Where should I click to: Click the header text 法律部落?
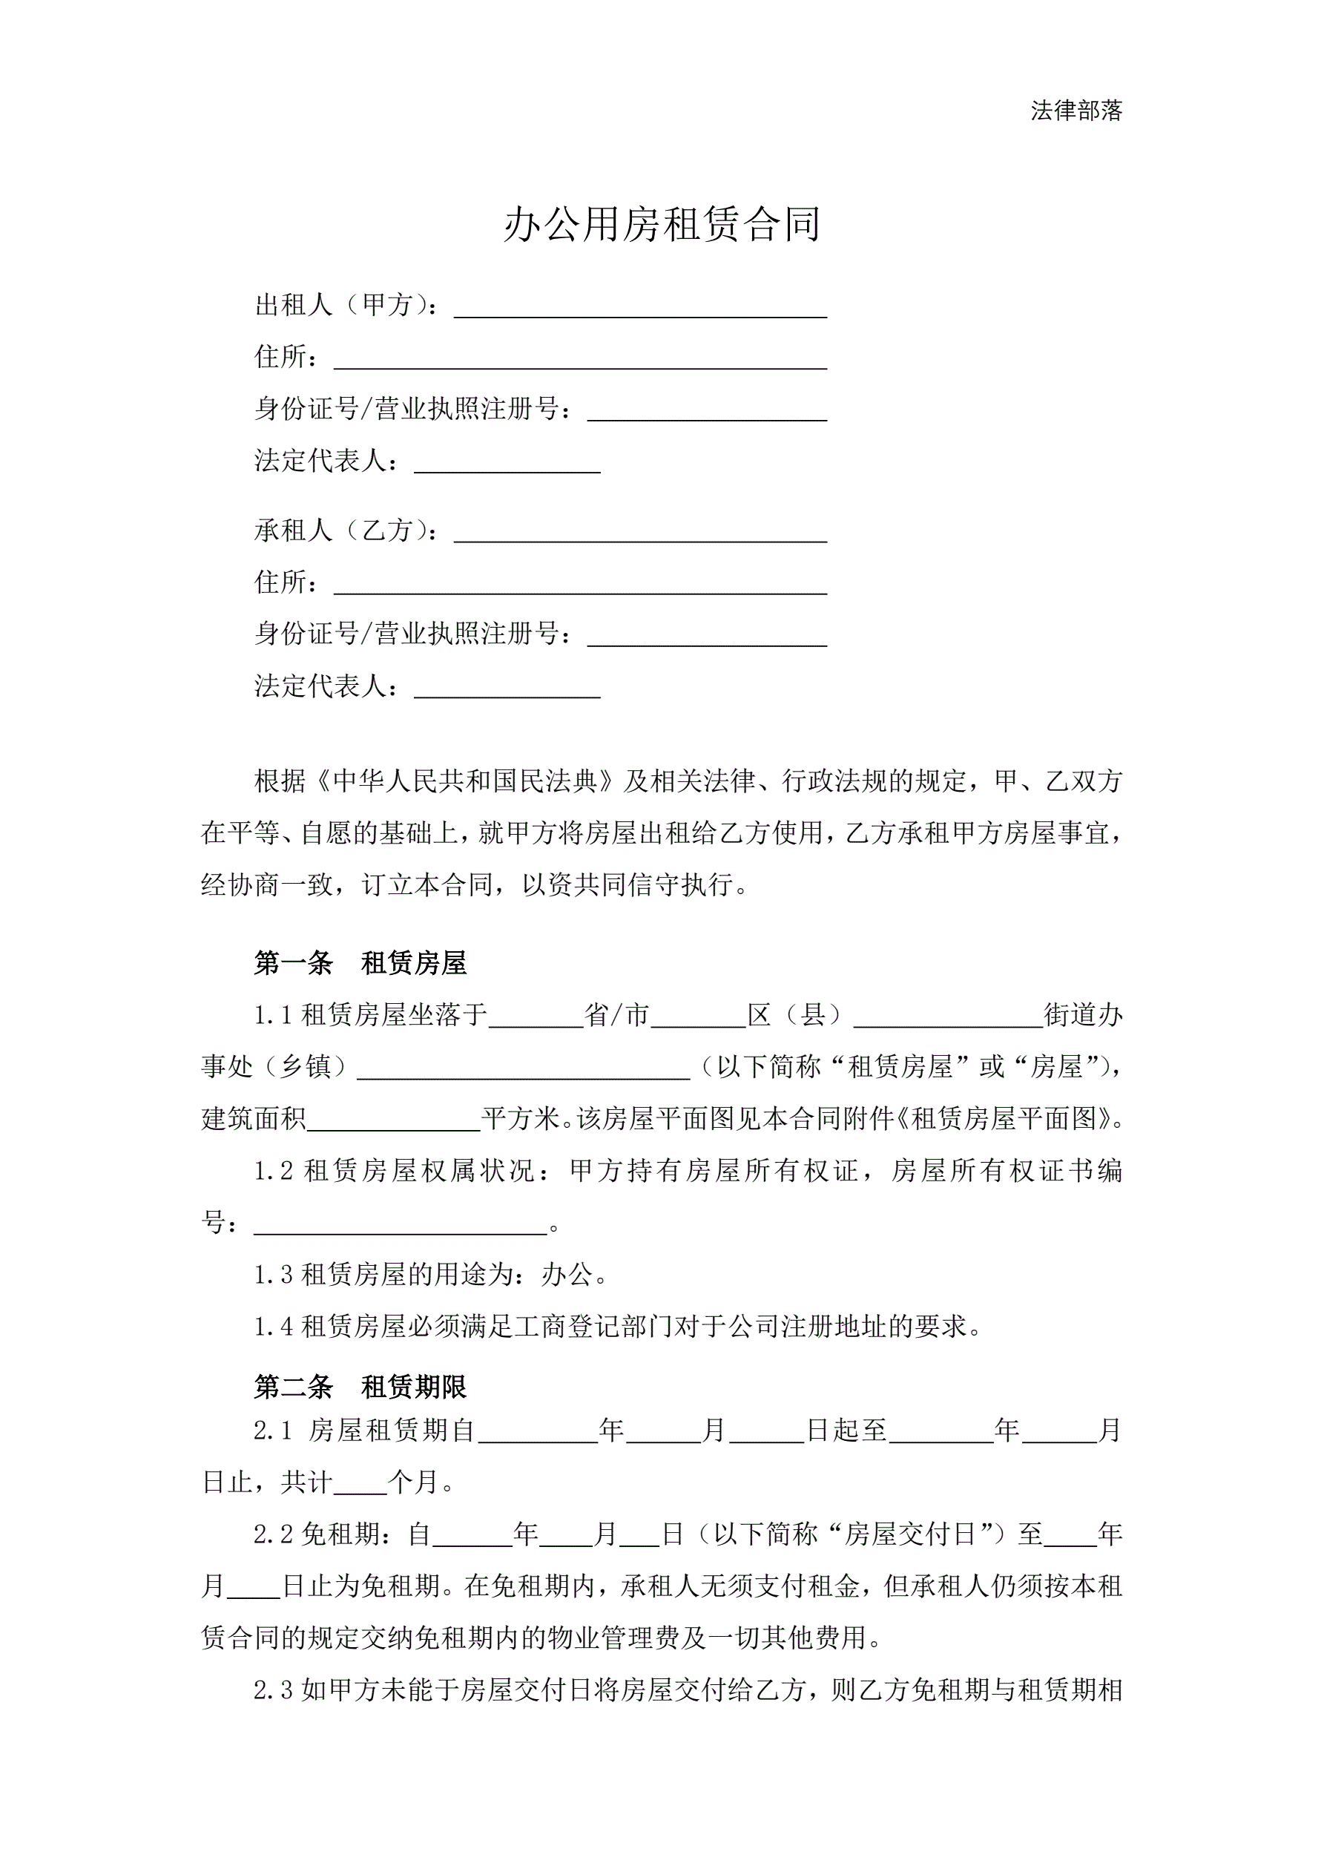pos(1076,111)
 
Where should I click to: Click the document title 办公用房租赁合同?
pos(661,224)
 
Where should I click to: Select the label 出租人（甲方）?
pos(346,306)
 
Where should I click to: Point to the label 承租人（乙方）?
pos(346,531)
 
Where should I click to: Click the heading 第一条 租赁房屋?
pos(360,963)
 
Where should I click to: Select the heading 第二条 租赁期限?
pos(360,1387)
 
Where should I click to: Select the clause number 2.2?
pos(273,1534)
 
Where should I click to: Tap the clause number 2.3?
pos(273,1690)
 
